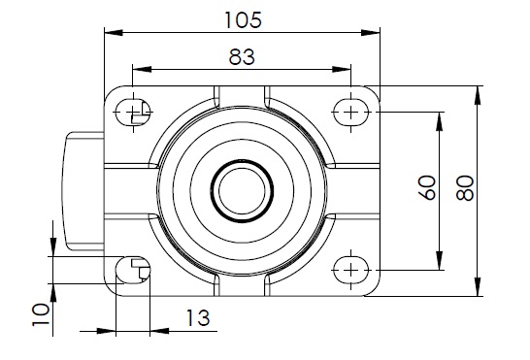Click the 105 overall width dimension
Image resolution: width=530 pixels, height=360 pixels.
tap(243, 20)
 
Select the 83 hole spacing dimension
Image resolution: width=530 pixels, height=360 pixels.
tap(242, 57)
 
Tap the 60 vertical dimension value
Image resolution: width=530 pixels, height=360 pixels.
tap(427, 187)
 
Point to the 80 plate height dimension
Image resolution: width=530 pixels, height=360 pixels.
tap(465, 188)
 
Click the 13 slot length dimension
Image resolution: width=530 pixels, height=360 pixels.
tap(198, 318)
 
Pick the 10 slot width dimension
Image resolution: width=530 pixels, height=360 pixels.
tap(41, 314)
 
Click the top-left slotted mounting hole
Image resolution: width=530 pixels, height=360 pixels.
tap(133, 112)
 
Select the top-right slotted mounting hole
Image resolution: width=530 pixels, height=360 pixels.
tap(350, 112)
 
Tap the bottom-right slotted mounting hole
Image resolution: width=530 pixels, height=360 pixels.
tap(350, 270)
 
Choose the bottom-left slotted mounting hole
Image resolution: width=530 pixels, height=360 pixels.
tap(133, 270)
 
